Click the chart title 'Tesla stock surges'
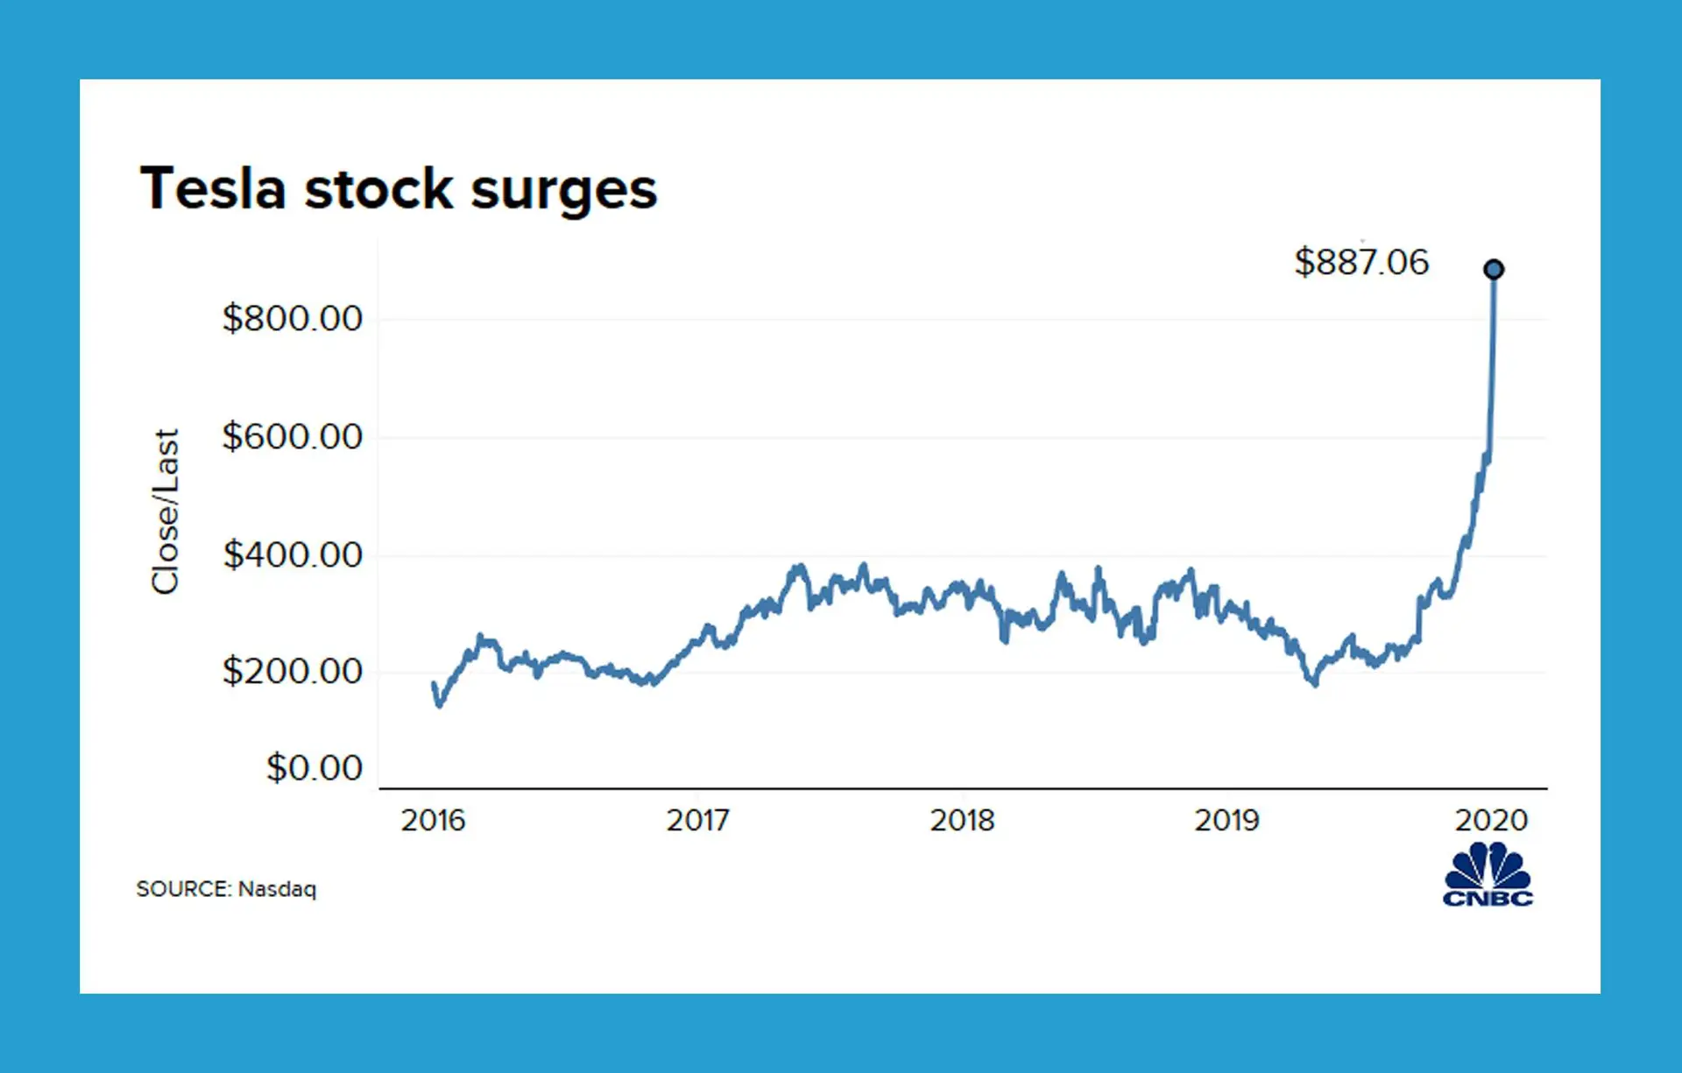coord(399,188)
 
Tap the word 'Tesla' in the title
coord(214,188)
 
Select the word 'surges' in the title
coord(563,190)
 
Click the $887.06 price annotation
coord(1361,262)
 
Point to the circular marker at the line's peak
coord(1494,269)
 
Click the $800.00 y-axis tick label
coord(292,318)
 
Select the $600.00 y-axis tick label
coord(292,436)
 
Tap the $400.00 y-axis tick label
coord(292,554)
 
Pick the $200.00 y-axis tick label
coord(292,671)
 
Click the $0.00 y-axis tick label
coord(314,767)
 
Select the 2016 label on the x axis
coord(433,820)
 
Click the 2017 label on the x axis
coord(697,820)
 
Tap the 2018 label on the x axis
coord(962,820)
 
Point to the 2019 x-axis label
coord(1226,820)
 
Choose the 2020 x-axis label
coord(1491,820)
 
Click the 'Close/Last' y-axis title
coord(166,512)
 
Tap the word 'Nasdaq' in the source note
coord(277,889)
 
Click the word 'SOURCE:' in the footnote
coord(184,889)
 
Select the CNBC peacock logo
coord(1488,874)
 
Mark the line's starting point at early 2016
coord(435,684)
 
